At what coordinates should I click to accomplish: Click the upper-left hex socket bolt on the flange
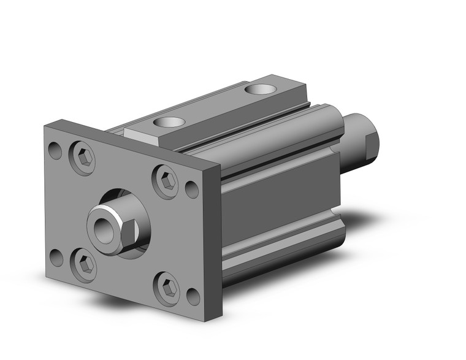(84, 159)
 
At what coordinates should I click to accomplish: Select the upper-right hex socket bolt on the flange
(166, 181)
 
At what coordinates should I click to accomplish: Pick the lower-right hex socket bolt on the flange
(166, 288)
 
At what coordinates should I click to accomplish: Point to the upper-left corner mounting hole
(56, 150)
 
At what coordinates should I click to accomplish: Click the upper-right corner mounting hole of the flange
(192, 190)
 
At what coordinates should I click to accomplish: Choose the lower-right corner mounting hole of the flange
(193, 297)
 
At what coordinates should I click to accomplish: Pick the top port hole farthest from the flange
(260, 90)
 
